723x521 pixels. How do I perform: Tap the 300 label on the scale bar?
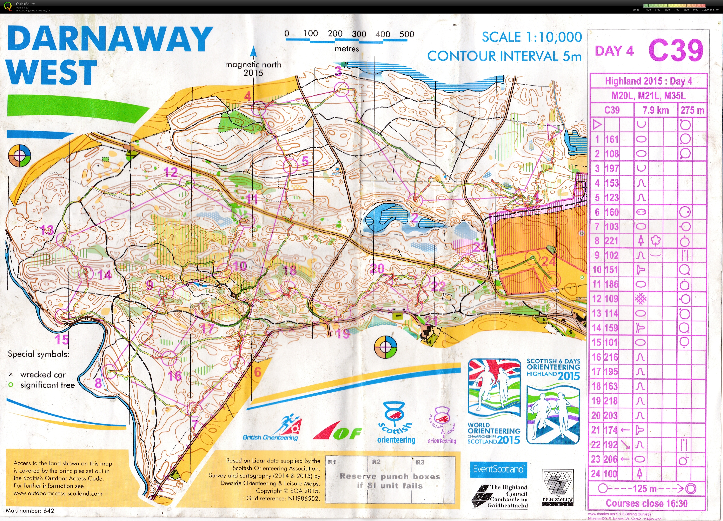click(359, 34)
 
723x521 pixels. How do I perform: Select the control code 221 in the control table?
click(611, 241)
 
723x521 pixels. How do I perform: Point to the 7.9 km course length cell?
click(655, 110)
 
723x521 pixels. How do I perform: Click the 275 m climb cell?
click(692, 110)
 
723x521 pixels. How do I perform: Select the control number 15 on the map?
click(61, 340)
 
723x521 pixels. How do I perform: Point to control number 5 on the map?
click(305, 161)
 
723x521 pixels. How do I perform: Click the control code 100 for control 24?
click(611, 474)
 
